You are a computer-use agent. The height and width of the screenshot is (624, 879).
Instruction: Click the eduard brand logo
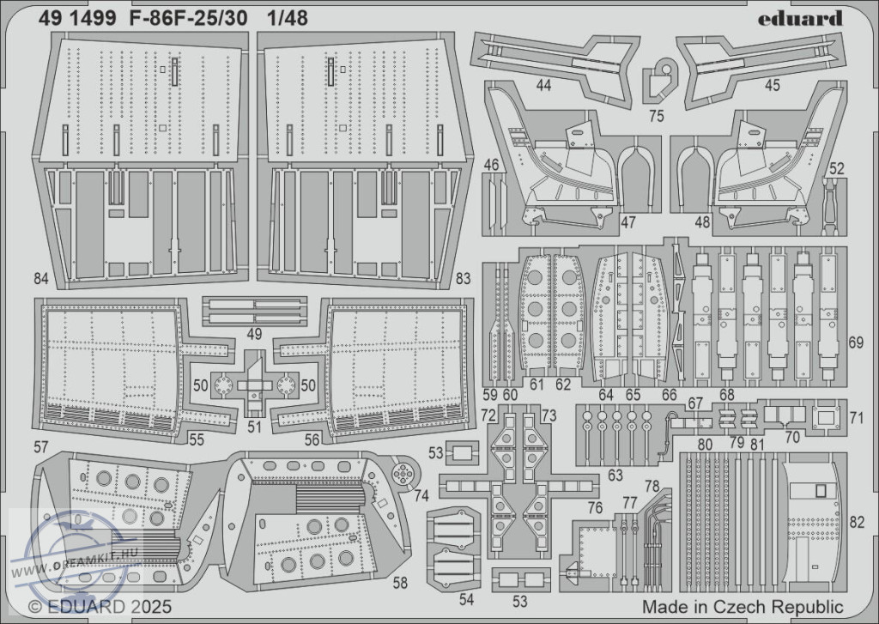[800, 19]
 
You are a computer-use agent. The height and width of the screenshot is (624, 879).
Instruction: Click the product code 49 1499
[77, 19]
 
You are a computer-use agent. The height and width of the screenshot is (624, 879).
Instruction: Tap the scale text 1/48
[288, 19]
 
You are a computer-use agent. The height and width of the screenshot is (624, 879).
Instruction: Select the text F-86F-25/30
[188, 19]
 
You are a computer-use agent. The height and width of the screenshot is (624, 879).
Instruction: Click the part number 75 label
[657, 116]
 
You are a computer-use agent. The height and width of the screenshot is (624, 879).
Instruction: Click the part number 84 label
[41, 278]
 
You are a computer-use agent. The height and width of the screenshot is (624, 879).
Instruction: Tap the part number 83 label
[463, 278]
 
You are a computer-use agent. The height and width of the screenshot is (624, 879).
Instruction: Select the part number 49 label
[254, 334]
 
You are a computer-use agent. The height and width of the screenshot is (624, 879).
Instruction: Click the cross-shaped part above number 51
[254, 385]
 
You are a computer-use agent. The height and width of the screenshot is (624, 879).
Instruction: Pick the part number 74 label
[421, 495]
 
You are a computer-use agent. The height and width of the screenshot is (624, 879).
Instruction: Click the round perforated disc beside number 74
[403, 475]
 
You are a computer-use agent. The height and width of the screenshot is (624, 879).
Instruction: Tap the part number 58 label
[400, 583]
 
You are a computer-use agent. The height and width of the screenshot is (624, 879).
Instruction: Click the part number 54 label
[466, 599]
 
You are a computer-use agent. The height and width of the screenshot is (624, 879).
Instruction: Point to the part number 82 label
[857, 522]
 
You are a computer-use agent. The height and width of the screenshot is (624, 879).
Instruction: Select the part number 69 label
[856, 342]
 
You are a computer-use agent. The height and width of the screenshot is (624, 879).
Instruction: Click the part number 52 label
[836, 169]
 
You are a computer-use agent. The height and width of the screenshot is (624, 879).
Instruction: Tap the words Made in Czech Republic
[743, 607]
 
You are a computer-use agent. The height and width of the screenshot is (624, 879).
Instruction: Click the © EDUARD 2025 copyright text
[100, 607]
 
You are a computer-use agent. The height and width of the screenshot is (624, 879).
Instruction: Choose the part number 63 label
[615, 476]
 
